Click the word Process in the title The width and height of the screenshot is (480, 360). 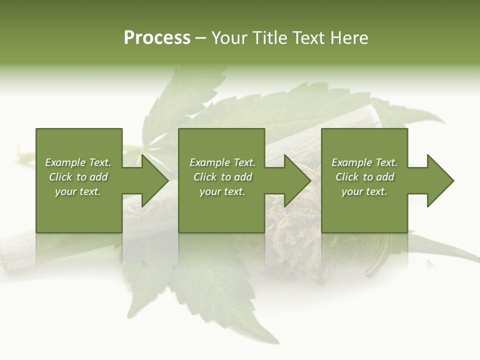[x=157, y=38]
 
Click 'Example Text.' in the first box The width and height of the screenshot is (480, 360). [x=78, y=162]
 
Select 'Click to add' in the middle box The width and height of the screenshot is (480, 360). [x=222, y=177]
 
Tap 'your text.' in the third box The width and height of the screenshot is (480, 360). [x=364, y=191]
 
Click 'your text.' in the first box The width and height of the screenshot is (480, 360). [x=78, y=191]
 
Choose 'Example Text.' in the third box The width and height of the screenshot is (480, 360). [x=364, y=162]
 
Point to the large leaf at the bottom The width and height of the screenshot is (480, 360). [x=210, y=290]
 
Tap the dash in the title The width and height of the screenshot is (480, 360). [x=200, y=38]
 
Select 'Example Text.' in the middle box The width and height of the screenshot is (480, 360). [x=222, y=162]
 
